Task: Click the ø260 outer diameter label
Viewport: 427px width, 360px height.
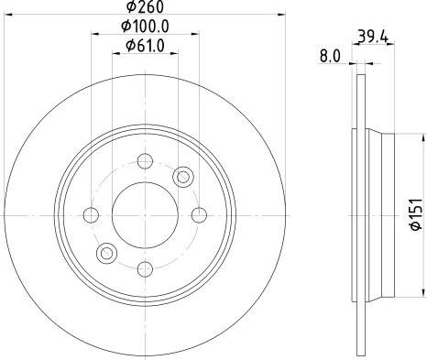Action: click(146, 9)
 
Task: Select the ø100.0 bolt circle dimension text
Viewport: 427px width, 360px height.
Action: click(146, 27)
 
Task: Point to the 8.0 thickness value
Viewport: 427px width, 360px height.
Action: click(330, 56)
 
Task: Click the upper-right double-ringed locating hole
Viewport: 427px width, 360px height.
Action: click(183, 177)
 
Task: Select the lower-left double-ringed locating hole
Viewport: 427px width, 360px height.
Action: click(107, 253)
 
